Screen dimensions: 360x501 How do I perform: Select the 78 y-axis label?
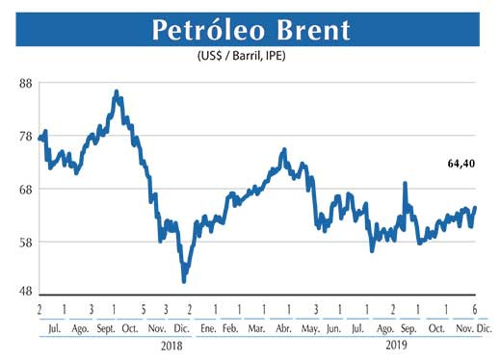pos(26,136)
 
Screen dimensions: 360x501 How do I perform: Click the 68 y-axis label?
pos(26,189)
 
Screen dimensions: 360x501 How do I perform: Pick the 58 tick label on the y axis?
pos(26,242)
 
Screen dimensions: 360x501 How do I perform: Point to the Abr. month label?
pos(283,327)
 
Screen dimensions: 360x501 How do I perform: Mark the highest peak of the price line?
pos(117,91)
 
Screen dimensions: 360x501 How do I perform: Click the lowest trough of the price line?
pos(184,280)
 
